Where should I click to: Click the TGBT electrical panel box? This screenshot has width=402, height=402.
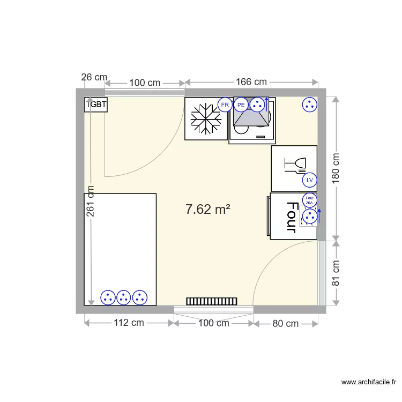click(96, 105)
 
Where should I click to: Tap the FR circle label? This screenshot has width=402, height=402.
click(225, 105)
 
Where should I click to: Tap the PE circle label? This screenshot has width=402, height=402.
click(241, 105)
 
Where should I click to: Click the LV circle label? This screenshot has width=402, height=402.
click(309, 180)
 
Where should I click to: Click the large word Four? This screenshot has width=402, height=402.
click(292, 217)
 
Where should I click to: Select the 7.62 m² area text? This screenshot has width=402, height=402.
click(208, 209)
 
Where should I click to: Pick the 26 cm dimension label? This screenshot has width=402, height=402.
click(94, 77)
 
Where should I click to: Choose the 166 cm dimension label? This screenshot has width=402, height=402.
click(251, 82)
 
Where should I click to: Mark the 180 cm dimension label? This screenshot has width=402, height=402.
click(336, 168)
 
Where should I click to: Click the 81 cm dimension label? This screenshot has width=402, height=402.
click(336, 273)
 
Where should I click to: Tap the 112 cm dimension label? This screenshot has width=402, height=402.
click(129, 323)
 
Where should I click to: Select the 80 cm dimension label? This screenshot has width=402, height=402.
click(285, 324)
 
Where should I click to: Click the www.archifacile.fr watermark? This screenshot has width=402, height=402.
click(369, 382)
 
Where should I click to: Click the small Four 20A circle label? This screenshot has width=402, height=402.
click(309, 200)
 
